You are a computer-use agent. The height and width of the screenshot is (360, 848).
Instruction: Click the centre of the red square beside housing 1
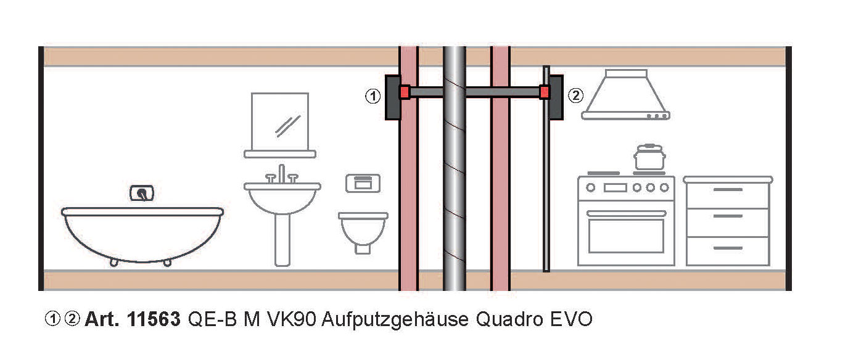tap(405, 92)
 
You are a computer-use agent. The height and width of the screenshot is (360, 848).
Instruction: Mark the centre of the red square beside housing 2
tap(545, 92)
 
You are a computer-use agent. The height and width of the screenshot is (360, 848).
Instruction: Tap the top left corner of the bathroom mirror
tap(252, 93)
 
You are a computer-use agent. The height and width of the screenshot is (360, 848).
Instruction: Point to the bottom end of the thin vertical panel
tap(546, 271)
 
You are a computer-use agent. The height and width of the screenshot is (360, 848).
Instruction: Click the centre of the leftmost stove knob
tap(590, 187)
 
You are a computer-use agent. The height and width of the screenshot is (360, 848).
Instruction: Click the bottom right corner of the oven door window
tap(663, 252)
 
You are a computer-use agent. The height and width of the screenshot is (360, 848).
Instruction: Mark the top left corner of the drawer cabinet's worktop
tap(684, 177)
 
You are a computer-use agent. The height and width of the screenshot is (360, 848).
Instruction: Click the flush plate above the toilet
tap(363, 183)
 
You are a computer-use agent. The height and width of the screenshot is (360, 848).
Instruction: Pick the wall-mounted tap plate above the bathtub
tap(142, 193)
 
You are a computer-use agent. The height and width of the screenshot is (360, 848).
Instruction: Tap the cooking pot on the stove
tap(649, 157)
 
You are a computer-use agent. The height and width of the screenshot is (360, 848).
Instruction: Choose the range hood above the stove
tap(626, 95)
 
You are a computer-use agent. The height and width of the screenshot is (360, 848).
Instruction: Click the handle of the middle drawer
tap(728, 216)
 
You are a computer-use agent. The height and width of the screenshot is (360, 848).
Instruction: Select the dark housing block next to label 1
tap(393, 97)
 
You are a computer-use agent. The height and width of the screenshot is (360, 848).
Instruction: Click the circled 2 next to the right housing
tap(575, 96)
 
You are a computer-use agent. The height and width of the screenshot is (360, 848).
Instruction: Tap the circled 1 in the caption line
tap(52, 319)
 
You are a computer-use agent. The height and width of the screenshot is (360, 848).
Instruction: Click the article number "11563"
tap(154, 319)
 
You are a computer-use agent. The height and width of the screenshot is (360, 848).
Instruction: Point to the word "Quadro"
tap(509, 319)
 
